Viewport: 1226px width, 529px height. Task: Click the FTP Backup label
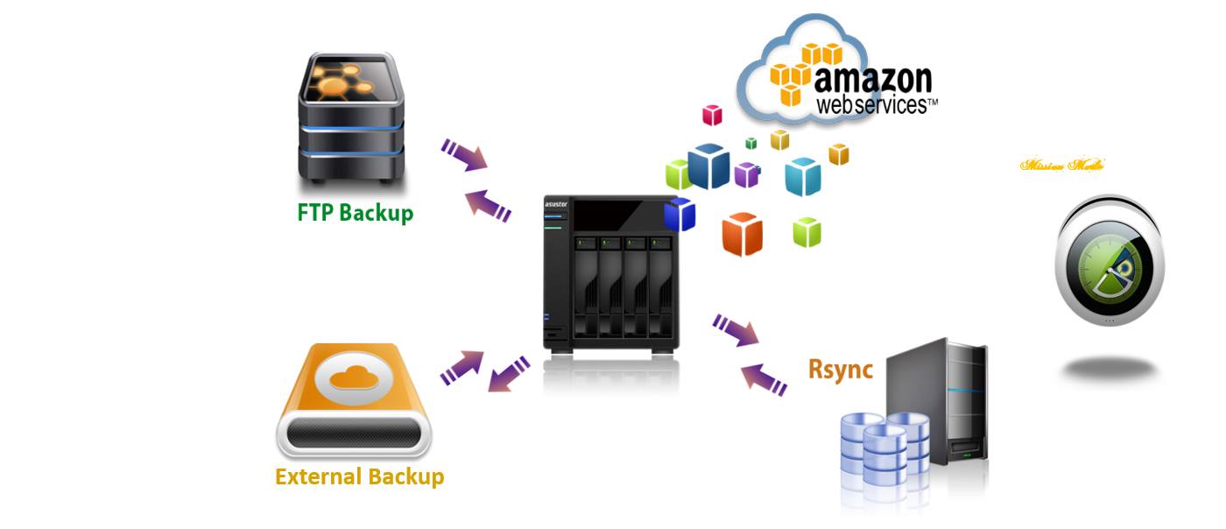pos(355,213)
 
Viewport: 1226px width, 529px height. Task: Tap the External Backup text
pos(359,477)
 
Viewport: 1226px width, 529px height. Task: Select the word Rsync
pos(840,370)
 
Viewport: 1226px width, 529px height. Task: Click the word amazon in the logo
pos(873,79)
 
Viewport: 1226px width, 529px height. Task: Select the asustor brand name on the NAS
pos(556,205)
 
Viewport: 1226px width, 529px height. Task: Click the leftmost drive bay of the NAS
pos(587,285)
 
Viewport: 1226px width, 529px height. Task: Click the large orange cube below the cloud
pos(742,234)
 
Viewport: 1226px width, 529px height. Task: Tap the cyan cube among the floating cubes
pos(802,176)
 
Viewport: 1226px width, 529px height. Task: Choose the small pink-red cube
pos(712,115)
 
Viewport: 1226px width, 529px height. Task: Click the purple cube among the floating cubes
pos(746,174)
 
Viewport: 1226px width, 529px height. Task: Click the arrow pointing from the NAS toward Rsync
pos(735,330)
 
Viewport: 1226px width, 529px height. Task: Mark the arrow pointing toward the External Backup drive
pos(508,374)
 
